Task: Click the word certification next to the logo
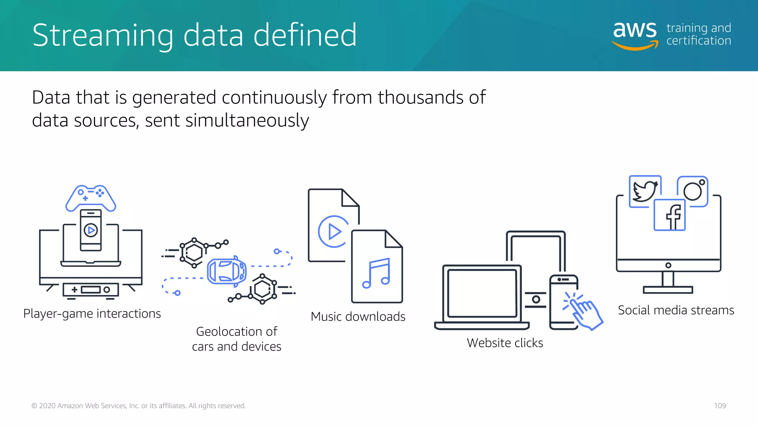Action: click(x=698, y=41)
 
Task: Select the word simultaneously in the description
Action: click(x=247, y=121)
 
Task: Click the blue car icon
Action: click(x=227, y=271)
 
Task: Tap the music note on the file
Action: click(x=376, y=273)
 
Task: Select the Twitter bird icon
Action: click(x=645, y=191)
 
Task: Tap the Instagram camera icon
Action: click(x=692, y=191)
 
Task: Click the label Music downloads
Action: click(x=358, y=317)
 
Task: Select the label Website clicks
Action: click(x=505, y=343)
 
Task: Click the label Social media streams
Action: click(x=676, y=310)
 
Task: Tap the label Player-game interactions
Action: click(x=92, y=314)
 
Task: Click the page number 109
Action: click(x=720, y=406)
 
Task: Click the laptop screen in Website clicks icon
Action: click(x=482, y=293)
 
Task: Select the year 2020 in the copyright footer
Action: click(x=47, y=406)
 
